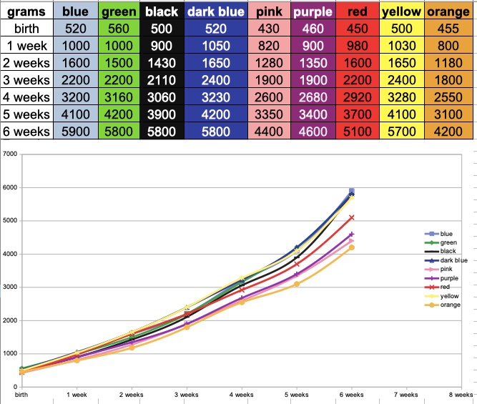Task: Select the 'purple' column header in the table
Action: tap(313, 11)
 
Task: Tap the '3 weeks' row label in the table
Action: tap(26, 79)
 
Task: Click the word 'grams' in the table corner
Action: tap(26, 11)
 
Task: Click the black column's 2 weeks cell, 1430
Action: tap(161, 62)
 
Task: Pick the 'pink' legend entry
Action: tap(446, 269)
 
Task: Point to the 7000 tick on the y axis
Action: tap(9, 154)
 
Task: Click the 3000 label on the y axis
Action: tap(9, 287)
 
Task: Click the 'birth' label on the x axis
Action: tap(22, 395)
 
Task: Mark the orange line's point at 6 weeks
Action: tap(351, 247)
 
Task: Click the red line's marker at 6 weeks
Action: tap(351, 217)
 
